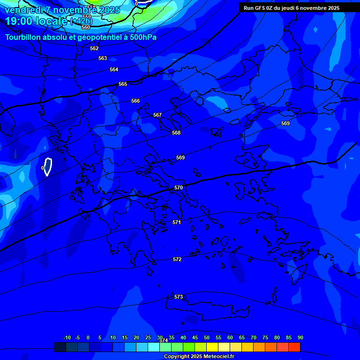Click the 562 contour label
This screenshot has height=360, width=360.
coord(94,48)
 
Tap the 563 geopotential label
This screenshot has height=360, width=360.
coord(103,58)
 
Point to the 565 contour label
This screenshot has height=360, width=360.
coord(123,84)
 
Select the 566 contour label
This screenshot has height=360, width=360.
coord(135,101)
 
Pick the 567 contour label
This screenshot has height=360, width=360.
coord(157,115)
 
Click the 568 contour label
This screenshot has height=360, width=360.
coord(176,133)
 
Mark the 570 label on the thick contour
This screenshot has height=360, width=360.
coord(179,187)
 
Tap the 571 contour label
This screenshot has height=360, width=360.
coord(177,222)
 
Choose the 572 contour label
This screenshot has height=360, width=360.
coord(177,259)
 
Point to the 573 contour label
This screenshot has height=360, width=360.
coord(179,297)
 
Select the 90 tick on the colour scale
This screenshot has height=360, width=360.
coord(300,337)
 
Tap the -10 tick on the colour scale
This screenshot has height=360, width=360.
coord(67,337)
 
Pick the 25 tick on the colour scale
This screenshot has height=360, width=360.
coord(148,337)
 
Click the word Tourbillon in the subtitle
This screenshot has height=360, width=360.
coord(23,37)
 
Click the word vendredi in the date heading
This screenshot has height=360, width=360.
coord(23,9)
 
